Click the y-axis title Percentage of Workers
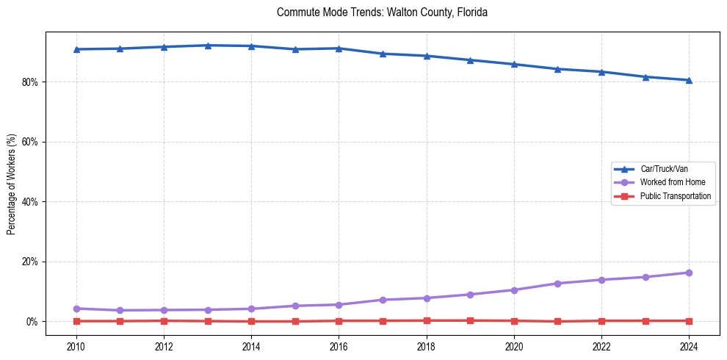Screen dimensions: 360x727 pyautogui.click(x=11, y=184)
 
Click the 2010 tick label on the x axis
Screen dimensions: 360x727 pyautogui.click(x=76, y=345)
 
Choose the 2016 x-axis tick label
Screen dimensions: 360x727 pyautogui.click(x=339, y=345)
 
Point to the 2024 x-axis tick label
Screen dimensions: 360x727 pyautogui.click(x=689, y=345)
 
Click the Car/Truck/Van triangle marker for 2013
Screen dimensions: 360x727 pyautogui.click(x=208, y=46)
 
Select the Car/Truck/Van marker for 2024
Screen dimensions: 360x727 pyautogui.click(x=689, y=80)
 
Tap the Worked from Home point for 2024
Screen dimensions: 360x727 pyautogui.click(x=689, y=273)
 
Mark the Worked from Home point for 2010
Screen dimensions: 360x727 pyautogui.click(x=76, y=309)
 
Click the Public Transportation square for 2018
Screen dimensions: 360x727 pyautogui.click(x=427, y=320)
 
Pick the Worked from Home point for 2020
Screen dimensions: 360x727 pyautogui.click(x=514, y=290)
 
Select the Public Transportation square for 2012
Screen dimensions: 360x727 pyautogui.click(x=164, y=320)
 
